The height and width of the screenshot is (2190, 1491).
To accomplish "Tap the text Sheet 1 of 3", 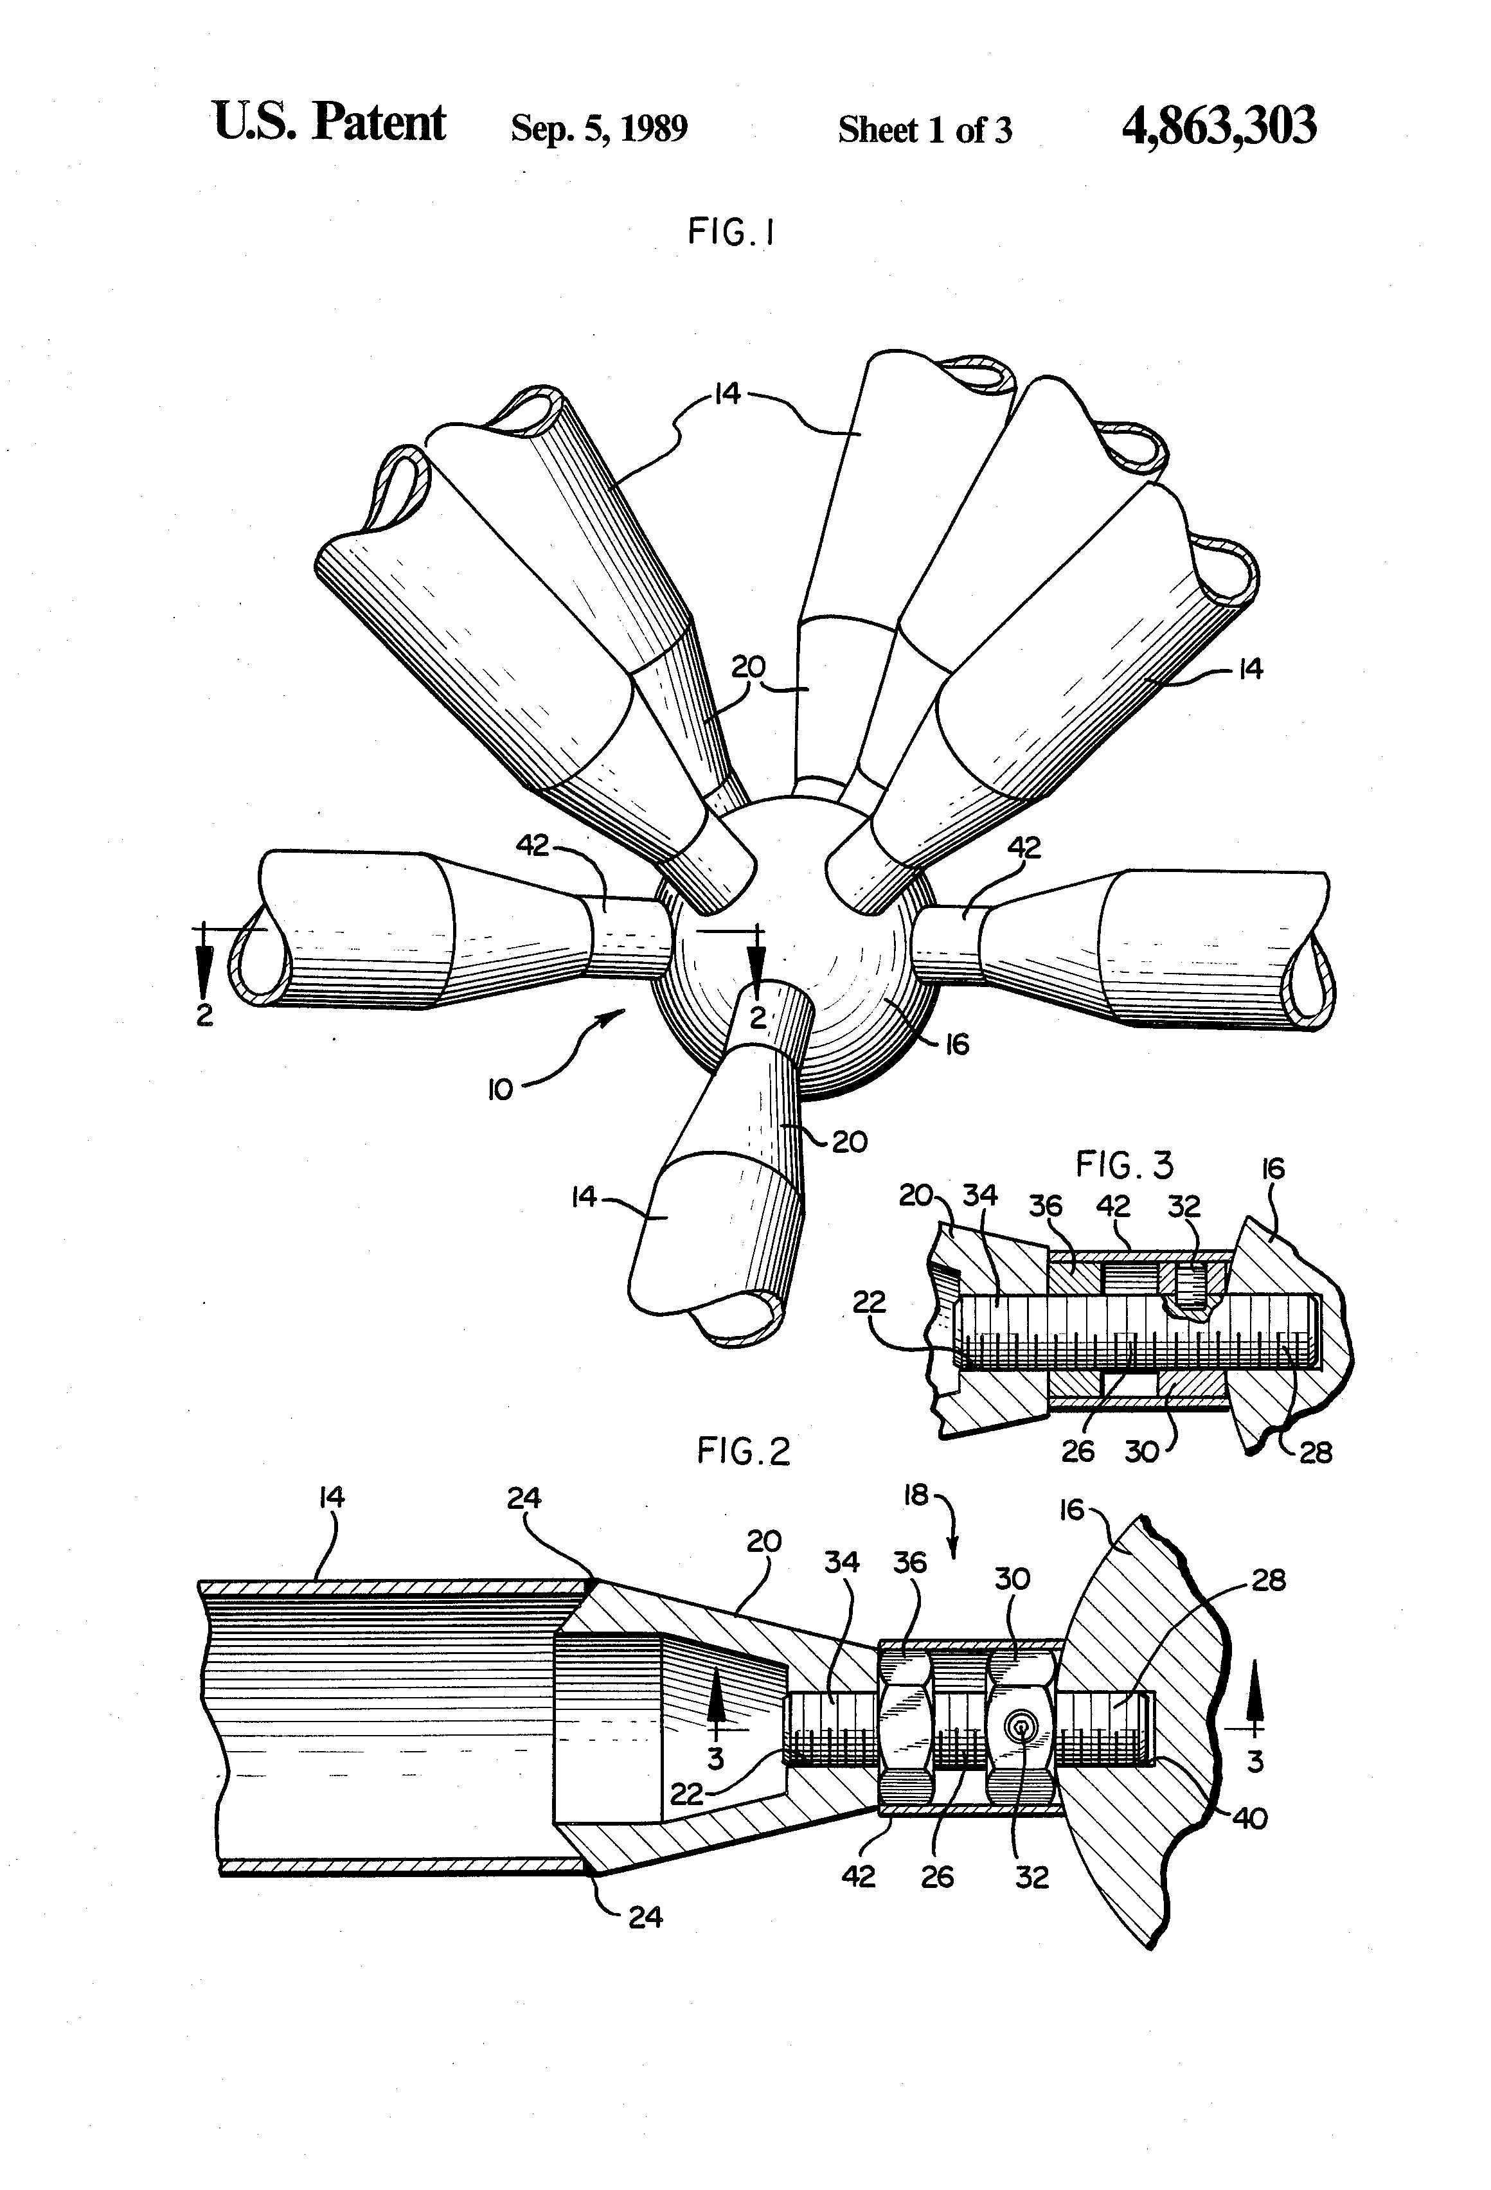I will tap(925, 130).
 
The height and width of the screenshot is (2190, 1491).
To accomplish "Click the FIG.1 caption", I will tap(731, 231).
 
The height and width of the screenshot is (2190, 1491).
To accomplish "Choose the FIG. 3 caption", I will tap(1125, 1166).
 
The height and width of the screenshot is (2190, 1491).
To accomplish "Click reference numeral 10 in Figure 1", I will tap(499, 1091).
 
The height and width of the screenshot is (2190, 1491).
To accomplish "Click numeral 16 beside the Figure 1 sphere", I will tap(956, 1044).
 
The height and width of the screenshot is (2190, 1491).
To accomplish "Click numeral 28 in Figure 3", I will tap(1316, 1452).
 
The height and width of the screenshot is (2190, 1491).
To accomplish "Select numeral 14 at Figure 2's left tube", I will tap(332, 1497).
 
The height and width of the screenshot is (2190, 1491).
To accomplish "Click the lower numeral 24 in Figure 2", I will tap(645, 1917).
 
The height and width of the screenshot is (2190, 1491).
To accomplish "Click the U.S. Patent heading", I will tap(329, 123).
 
